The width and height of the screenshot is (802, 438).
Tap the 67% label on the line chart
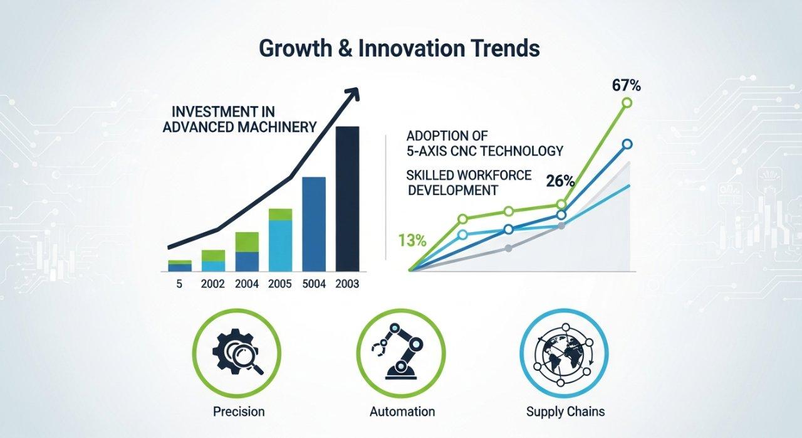[x=627, y=86]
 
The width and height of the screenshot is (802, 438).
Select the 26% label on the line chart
[x=560, y=181]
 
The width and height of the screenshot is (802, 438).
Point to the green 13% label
[x=412, y=240]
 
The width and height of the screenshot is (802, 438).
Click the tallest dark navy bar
[x=347, y=198]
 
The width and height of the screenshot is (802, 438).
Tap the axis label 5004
[x=314, y=284]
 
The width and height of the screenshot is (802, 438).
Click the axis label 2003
[x=347, y=284]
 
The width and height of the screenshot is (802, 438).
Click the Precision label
[x=239, y=412]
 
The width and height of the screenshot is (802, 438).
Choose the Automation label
[x=402, y=412]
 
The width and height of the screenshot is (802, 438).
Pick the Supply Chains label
[x=566, y=412]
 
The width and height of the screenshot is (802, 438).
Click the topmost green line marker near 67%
[x=627, y=103]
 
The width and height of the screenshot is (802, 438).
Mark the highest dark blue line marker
[x=627, y=144]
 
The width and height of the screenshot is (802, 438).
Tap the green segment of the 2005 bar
[x=280, y=214]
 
